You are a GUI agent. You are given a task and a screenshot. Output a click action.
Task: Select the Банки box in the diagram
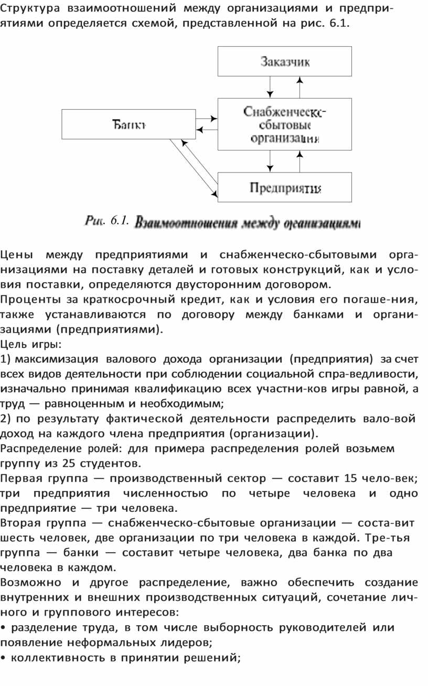point(129,124)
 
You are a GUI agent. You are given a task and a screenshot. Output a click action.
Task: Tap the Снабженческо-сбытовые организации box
point(285,125)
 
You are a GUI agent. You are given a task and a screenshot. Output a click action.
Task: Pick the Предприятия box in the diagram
point(285,187)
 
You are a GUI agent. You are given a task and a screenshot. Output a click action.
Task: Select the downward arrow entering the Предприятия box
point(270,162)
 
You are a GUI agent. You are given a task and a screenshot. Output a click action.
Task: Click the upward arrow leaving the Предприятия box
point(300,162)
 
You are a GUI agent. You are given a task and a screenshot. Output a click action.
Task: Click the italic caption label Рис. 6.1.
point(106,221)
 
